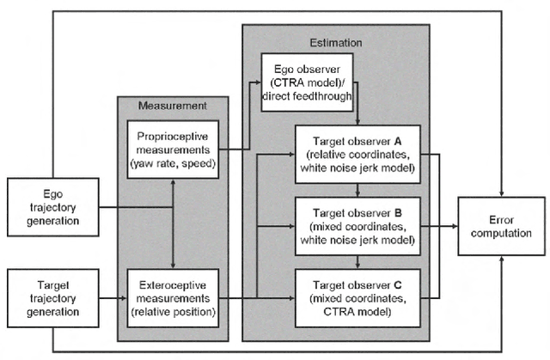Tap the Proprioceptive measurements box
[174, 149]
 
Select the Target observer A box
[356, 156]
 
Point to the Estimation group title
[335, 40]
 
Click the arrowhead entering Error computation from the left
[454, 226]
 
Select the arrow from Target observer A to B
[356, 190]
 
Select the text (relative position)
[174, 310]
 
